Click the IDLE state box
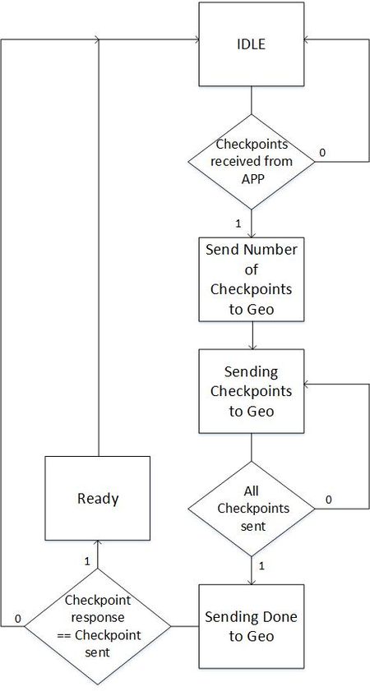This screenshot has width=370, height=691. tap(252, 44)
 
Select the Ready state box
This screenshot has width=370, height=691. tap(98, 498)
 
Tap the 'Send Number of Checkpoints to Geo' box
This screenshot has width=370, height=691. tap(252, 279)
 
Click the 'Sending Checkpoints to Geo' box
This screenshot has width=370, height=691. tap(252, 391)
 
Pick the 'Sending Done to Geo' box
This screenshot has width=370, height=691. tap(252, 626)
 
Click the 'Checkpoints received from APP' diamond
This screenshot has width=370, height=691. tap(252, 161)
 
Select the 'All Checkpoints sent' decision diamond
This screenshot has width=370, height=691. tap(252, 509)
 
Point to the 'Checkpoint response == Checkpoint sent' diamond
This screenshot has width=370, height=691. tap(98, 626)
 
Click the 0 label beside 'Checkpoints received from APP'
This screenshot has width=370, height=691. tap(323, 152)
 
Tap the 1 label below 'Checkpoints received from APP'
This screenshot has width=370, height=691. tap(238, 223)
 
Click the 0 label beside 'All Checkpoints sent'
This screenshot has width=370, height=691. tap(329, 500)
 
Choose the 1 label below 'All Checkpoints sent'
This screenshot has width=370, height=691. tap(261, 566)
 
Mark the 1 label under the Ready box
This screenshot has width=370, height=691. tap(87, 561)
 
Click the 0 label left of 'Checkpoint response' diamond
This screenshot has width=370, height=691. tap(17, 619)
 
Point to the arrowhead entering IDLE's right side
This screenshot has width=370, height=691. tap(308, 39)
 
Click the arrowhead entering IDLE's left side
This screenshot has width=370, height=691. tap(195, 39)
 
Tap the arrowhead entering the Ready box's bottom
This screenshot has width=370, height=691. tap(98, 544)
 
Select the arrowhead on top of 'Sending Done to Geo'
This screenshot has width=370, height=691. tap(252, 580)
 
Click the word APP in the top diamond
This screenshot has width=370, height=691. tap(252, 179)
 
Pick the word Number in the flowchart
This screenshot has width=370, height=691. tap(274, 250)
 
